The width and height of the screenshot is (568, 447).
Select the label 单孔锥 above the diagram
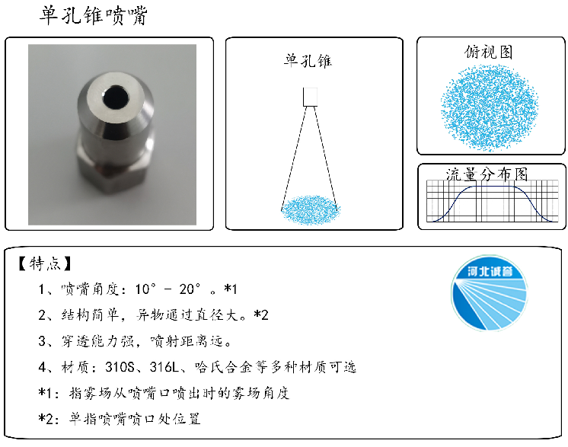(308, 61)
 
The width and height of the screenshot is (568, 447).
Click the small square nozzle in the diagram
(311, 97)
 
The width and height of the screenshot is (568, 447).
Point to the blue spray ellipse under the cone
(311, 207)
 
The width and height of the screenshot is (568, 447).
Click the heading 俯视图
(489, 52)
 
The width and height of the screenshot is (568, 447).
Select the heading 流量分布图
(487, 174)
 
